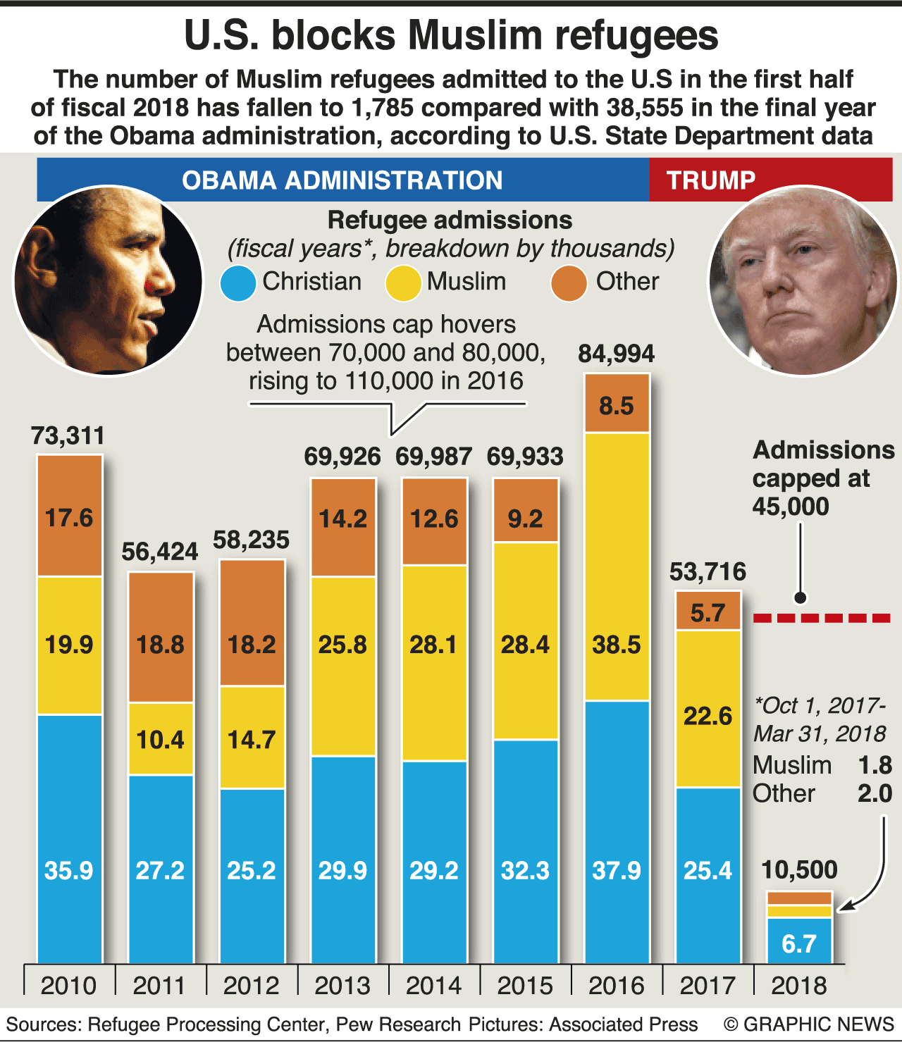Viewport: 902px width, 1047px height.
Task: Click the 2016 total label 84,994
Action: (x=616, y=354)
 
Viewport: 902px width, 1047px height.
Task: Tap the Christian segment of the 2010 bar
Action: (x=69, y=838)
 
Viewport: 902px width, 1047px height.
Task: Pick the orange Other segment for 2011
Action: (x=161, y=637)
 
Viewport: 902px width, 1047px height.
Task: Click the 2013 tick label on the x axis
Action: (x=342, y=985)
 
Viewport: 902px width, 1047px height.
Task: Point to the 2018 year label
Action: (x=799, y=985)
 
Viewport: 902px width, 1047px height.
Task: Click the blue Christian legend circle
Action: (x=237, y=283)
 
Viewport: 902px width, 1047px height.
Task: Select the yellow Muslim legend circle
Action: (x=403, y=283)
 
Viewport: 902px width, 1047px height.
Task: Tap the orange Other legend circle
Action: (x=569, y=283)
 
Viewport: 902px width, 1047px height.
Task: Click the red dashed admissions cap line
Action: (x=822, y=618)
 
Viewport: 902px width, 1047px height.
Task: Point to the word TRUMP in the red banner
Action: (x=710, y=180)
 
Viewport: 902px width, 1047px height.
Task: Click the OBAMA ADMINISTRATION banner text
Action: (x=342, y=180)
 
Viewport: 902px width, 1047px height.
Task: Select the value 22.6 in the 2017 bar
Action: (x=708, y=716)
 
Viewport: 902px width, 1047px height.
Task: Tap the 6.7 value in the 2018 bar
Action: (x=799, y=943)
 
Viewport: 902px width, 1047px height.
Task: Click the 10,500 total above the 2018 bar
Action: (x=799, y=869)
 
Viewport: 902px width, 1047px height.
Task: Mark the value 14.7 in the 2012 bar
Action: (x=252, y=740)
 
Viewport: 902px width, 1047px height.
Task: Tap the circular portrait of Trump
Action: (x=803, y=280)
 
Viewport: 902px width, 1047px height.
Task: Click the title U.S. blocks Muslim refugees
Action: (x=451, y=35)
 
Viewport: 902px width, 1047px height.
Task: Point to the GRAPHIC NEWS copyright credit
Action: (x=809, y=1024)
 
